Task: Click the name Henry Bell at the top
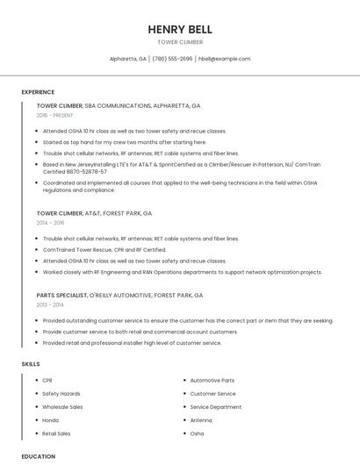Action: click(180, 29)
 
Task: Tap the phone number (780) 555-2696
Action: click(172, 59)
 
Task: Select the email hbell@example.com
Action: click(225, 59)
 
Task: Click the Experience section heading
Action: click(38, 91)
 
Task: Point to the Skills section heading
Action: click(31, 363)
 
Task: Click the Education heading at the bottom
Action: click(38, 456)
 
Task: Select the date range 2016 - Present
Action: click(55, 115)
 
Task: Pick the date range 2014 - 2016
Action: click(50, 223)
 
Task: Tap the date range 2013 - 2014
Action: click(50, 304)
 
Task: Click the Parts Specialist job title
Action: click(61, 296)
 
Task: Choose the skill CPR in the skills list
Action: click(47, 380)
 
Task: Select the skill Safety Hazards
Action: click(61, 393)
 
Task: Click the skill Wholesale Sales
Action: click(62, 406)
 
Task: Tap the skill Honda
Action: click(51, 420)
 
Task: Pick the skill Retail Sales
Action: click(56, 433)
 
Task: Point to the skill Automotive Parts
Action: click(212, 380)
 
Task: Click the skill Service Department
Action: click(215, 406)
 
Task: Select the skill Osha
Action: click(197, 433)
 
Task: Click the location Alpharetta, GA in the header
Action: click(127, 59)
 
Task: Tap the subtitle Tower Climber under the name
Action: click(180, 42)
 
